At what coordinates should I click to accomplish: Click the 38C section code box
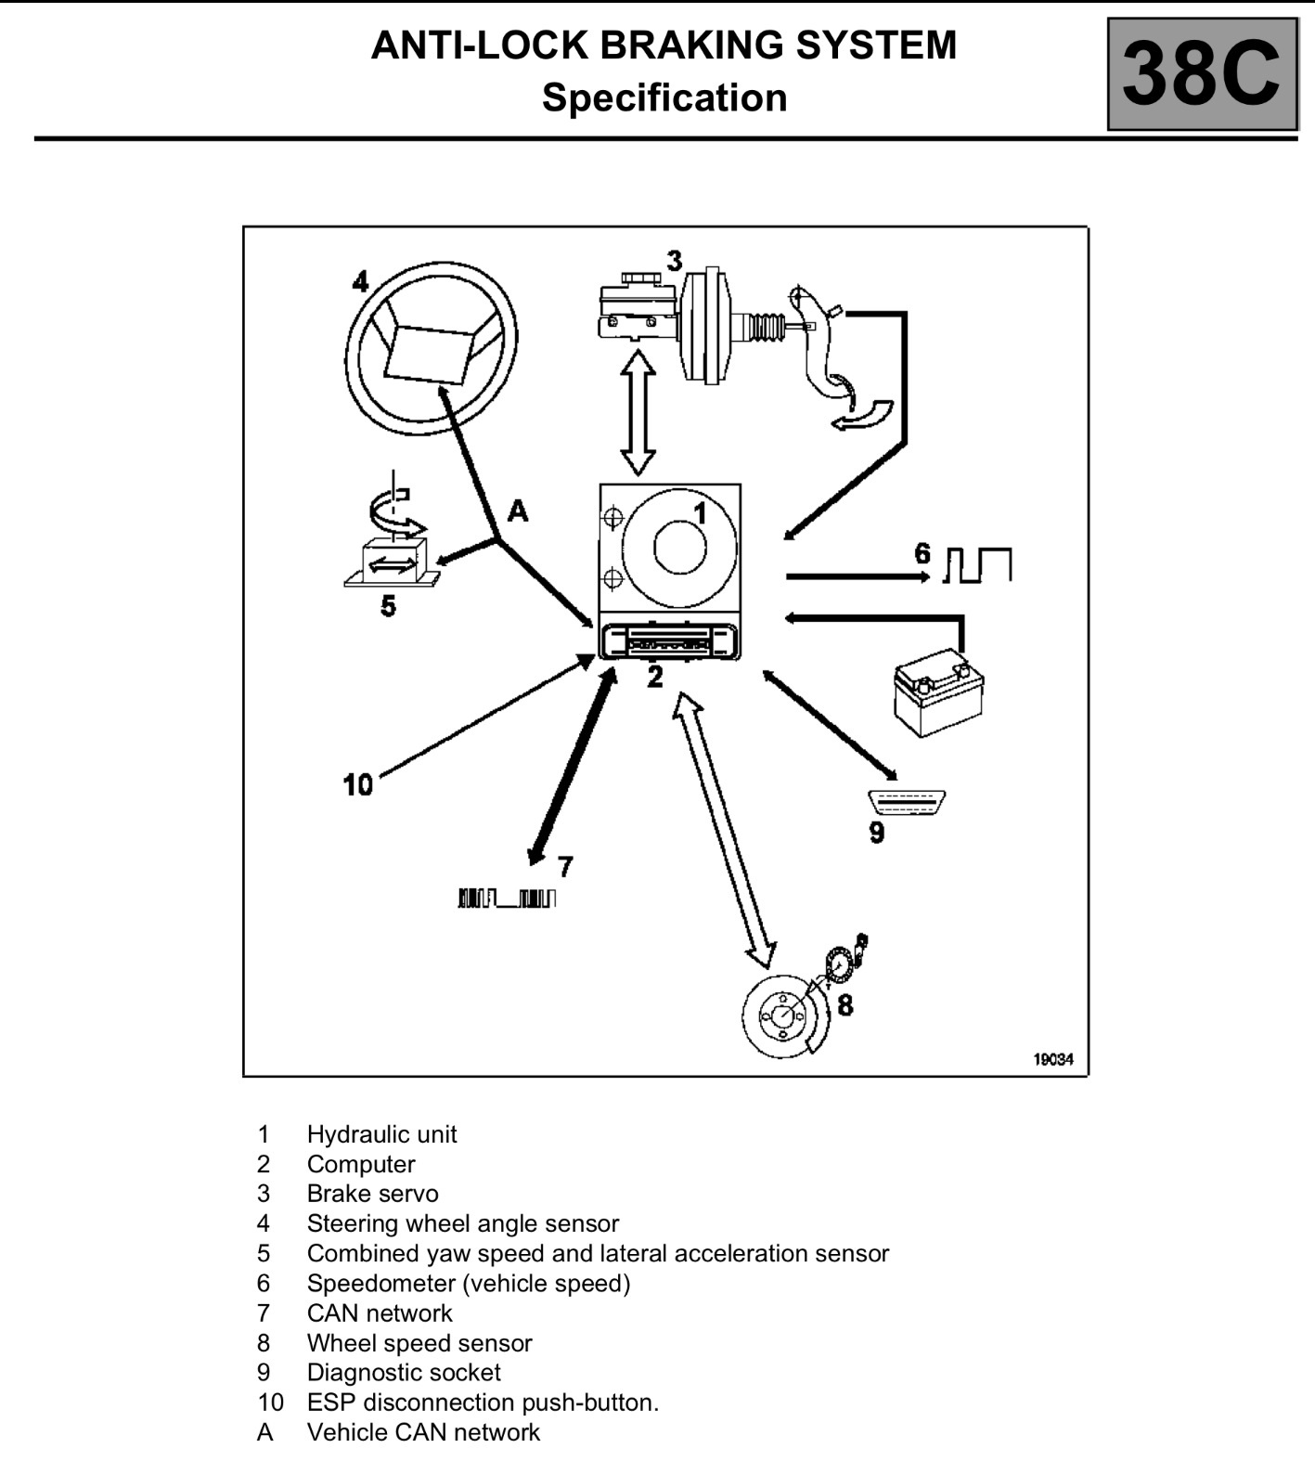pos(1202,74)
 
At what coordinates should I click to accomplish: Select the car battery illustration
pos(937,692)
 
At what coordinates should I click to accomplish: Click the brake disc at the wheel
pos(785,1016)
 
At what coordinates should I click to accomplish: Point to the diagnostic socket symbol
pos(906,801)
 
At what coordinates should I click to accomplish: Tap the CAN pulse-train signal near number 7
pos(507,898)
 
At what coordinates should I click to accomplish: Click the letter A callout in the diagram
pos(517,511)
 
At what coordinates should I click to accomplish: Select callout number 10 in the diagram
pos(357,785)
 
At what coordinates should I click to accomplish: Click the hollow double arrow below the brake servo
pos(638,412)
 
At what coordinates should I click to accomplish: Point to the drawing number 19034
pos(1053,1059)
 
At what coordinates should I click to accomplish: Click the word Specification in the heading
pos(664,97)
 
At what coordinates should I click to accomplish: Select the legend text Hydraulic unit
pos(381,1134)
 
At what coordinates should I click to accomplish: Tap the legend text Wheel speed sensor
pos(419,1343)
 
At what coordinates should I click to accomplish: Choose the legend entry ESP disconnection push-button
pos(483,1403)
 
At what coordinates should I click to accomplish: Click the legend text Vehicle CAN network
pos(423,1432)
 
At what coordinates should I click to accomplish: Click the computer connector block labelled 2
pos(669,640)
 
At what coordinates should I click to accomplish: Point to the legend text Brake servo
pos(372,1194)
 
